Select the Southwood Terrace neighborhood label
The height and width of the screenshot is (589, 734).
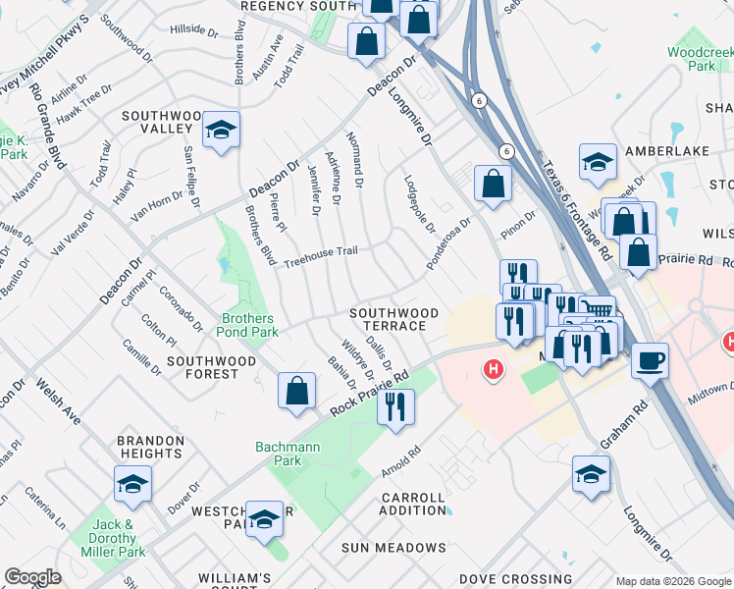point(390,319)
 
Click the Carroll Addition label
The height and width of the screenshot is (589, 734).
point(413,504)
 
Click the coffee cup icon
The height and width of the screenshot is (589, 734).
point(650,361)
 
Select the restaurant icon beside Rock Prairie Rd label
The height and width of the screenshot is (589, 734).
point(395,406)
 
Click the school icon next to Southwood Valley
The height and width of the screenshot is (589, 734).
point(222,130)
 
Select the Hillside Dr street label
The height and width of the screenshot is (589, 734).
point(194,31)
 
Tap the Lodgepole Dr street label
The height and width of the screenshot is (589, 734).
point(419,204)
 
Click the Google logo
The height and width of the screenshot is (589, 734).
point(32,577)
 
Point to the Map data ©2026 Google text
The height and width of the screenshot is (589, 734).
point(673,581)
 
